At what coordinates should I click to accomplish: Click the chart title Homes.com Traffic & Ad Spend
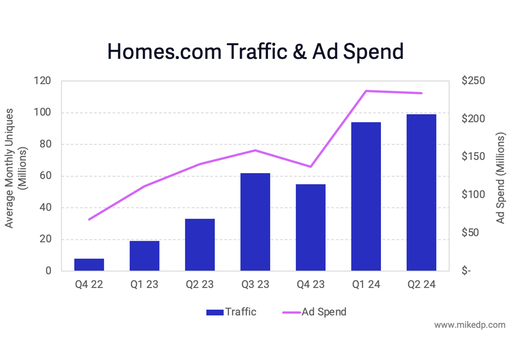pos(255,52)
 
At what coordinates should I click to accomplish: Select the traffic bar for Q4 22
pos(89,265)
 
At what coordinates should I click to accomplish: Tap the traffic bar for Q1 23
pos(145,256)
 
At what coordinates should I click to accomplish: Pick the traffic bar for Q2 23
pos(200,245)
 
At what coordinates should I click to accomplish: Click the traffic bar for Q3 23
pos(255,222)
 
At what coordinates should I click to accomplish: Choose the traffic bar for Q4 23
pos(311,227)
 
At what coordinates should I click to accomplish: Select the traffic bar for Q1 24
pos(366,197)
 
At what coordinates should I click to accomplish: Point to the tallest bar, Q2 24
pos(421,192)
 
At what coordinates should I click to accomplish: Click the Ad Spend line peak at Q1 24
pos(366,91)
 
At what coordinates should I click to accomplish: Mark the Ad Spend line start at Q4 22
pos(89,219)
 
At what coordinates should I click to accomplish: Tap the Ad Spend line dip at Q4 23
pos(311,167)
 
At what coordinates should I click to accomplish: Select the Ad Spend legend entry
pos(315,312)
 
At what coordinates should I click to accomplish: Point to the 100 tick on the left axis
pos(42,112)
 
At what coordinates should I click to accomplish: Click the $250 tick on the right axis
pos(473,81)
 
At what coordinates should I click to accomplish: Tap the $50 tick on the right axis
pos(470,233)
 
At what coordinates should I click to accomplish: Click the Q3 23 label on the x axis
pos(255,285)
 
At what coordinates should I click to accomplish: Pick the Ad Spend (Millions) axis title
pos(500,178)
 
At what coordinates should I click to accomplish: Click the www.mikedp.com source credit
pos(470,325)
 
